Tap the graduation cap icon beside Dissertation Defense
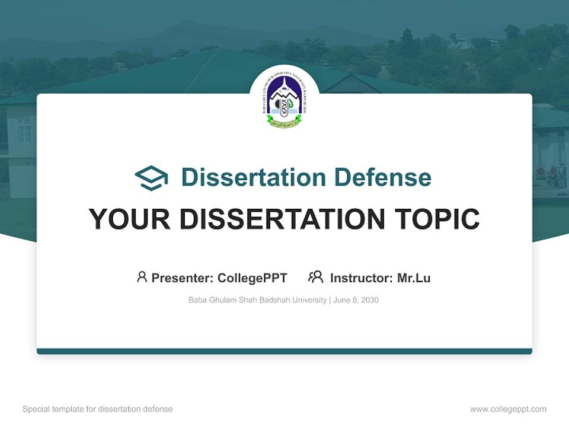point(151,178)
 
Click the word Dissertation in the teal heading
point(253,177)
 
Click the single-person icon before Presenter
point(142,277)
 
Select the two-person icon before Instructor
point(315,277)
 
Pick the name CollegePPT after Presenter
point(252,278)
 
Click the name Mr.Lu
point(414,278)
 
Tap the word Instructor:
point(362,278)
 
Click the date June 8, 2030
point(356,300)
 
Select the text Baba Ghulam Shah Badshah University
point(257,300)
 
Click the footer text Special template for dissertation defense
point(98,409)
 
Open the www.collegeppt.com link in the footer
point(508,409)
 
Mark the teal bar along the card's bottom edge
point(284,351)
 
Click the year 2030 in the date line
point(369,300)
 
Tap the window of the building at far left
point(24,129)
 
